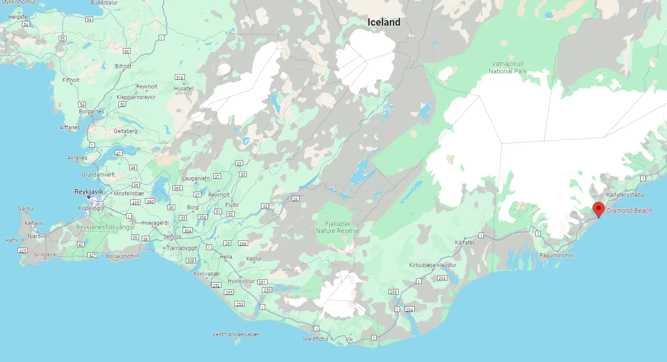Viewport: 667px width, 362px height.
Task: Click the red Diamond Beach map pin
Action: coord(598,209)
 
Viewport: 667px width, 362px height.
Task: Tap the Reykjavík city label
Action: coord(89,192)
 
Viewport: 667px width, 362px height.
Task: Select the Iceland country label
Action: coord(384,22)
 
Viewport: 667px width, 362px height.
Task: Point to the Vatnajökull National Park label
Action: coord(507,67)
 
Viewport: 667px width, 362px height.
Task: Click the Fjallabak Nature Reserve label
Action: coord(338,227)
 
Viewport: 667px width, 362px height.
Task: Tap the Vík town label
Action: coord(350,340)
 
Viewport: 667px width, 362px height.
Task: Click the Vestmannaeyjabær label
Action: coord(236,334)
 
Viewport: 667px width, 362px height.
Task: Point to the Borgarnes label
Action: coord(91,111)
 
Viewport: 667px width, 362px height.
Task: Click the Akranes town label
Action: coord(77,158)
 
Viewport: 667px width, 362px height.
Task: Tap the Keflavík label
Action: coord(34,223)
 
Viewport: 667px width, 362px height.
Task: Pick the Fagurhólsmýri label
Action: coord(557,255)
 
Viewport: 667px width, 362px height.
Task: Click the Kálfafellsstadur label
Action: coord(625,195)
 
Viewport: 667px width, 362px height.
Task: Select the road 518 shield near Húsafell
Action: coord(179,78)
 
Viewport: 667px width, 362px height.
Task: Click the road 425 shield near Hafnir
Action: coord(22,251)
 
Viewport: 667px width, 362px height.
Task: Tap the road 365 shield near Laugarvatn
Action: coord(178,188)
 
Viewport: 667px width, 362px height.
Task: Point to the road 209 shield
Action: coord(393,292)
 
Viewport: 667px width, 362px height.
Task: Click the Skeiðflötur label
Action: coord(316,339)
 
